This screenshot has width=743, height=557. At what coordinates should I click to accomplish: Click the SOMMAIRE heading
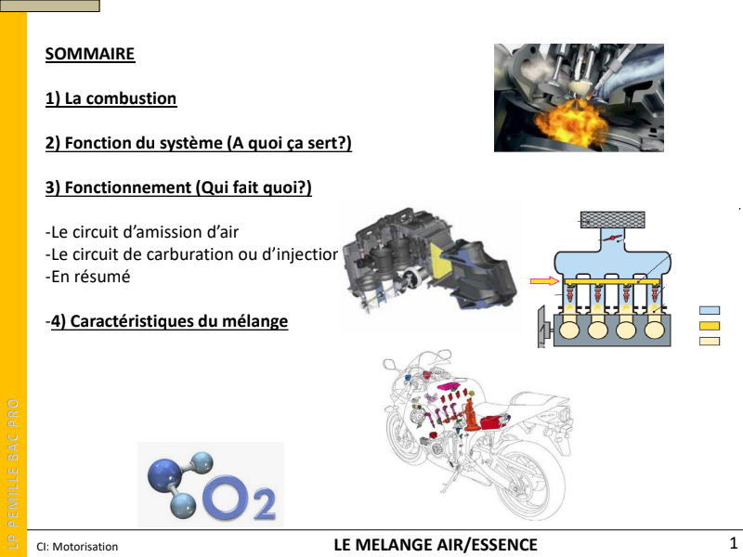tap(90, 54)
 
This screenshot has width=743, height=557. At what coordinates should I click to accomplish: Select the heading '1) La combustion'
tap(111, 98)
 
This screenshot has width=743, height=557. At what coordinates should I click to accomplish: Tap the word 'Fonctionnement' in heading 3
tap(127, 188)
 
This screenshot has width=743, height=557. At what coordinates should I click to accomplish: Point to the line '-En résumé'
tap(87, 277)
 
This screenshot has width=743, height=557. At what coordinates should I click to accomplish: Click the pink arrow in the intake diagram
tap(544, 281)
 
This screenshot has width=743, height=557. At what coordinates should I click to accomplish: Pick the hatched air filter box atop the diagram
tap(612, 220)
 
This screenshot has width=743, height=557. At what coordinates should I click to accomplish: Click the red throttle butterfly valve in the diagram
tap(612, 238)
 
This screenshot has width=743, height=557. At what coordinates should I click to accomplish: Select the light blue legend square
tap(710, 310)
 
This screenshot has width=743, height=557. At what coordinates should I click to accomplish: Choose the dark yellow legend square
tap(710, 326)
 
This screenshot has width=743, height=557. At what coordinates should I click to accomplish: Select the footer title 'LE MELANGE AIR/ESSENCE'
tap(436, 545)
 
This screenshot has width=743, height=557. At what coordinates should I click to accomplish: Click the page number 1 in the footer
tap(733, 542)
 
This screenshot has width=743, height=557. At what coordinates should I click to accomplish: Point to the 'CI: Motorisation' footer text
tap(77, 547)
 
